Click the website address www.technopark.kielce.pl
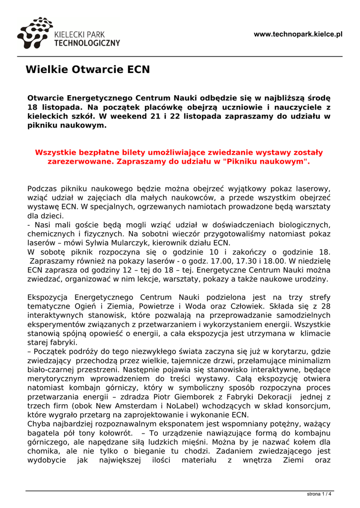(298, 34)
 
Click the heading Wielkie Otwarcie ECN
(87, 69)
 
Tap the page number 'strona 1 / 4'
(319, 494)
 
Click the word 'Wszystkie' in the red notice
(58, 152)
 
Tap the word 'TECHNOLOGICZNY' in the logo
(87, 43)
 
